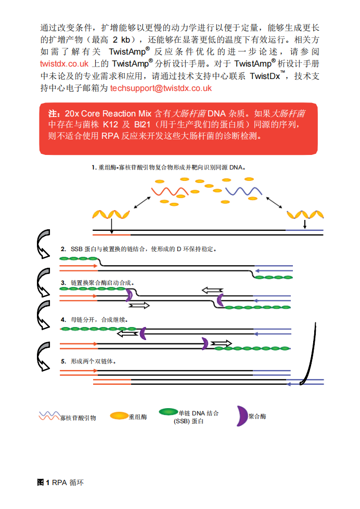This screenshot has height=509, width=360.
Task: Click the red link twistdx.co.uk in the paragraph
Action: point(65,63)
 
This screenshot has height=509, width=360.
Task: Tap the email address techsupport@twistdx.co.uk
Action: point(161,88)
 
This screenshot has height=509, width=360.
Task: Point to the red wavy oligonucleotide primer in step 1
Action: point(170,191)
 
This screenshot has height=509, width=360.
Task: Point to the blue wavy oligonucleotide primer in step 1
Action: point(243,191)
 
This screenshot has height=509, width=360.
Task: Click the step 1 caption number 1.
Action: point(94,167)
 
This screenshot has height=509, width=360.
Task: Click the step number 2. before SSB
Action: point(63,249)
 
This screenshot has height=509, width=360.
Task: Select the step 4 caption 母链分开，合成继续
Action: point(98,320)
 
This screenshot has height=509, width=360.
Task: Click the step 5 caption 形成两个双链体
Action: point(93,361)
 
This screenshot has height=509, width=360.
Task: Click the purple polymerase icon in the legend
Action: point(242,416)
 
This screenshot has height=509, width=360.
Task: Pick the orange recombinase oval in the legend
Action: point(119,415)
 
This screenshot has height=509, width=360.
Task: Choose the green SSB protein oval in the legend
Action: point(169,412)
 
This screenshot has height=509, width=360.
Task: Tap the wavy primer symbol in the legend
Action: point(49,416)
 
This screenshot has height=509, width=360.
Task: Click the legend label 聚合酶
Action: point(258,416)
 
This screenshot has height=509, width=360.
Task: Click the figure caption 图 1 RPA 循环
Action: point(60,482)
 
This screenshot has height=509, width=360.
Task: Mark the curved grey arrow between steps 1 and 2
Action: point(43,244)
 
